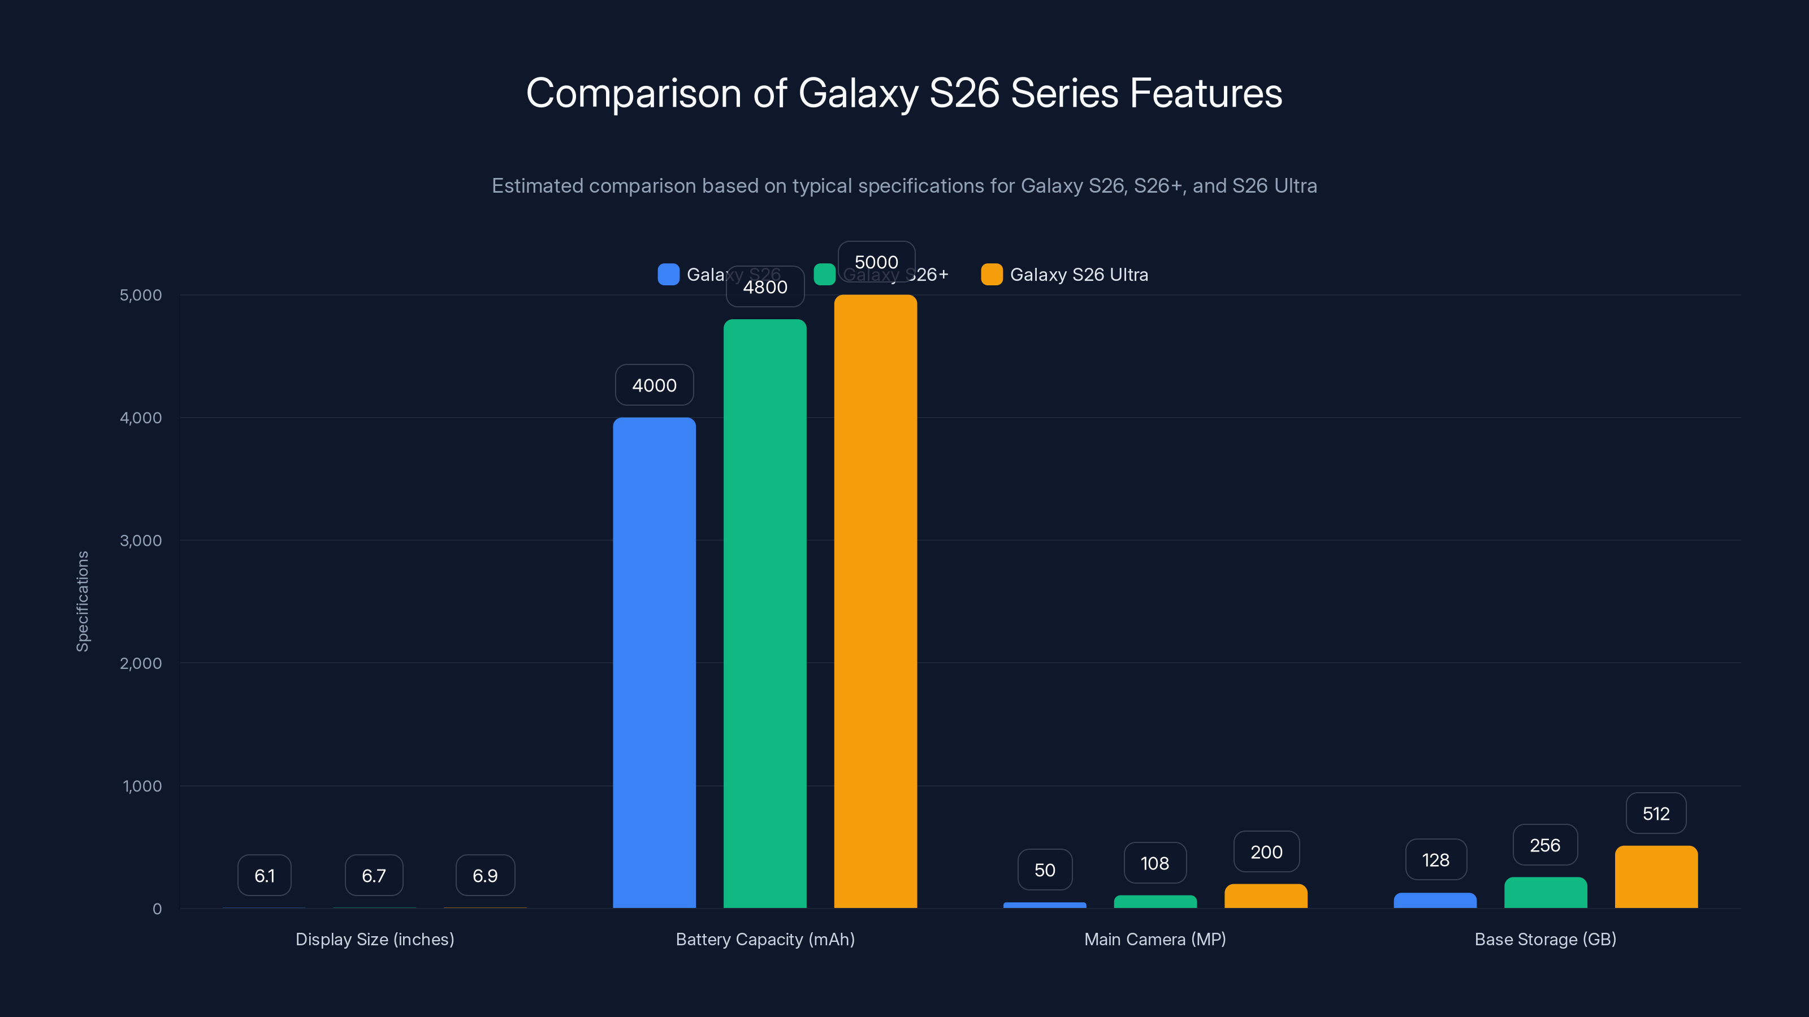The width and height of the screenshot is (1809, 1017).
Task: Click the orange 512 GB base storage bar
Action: (x=1656, y=877)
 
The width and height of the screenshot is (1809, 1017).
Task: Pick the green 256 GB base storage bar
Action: (x=1545, y=892)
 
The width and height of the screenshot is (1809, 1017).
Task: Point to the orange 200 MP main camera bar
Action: (x=1266, y=896)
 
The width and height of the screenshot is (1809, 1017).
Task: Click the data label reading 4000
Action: (x=654, y=385)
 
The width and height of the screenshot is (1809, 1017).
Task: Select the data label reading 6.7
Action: (x=374, y=875)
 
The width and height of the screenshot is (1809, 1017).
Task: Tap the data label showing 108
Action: (x=1154, y=863)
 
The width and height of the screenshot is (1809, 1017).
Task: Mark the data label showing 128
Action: (x=1435, y=860)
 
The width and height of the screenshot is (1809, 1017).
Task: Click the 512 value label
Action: (x=1656, y=814)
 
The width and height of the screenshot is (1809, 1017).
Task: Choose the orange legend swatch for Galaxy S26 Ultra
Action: (x=992, y=275)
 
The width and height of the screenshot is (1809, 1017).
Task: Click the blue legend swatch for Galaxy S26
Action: (x=668, y=275)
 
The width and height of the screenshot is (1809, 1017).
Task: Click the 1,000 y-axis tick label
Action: (x=142, y=786)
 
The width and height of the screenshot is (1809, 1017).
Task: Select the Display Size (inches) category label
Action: (x=374, y=939)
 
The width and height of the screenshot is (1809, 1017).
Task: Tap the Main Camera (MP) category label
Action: (x=1154, y=939)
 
